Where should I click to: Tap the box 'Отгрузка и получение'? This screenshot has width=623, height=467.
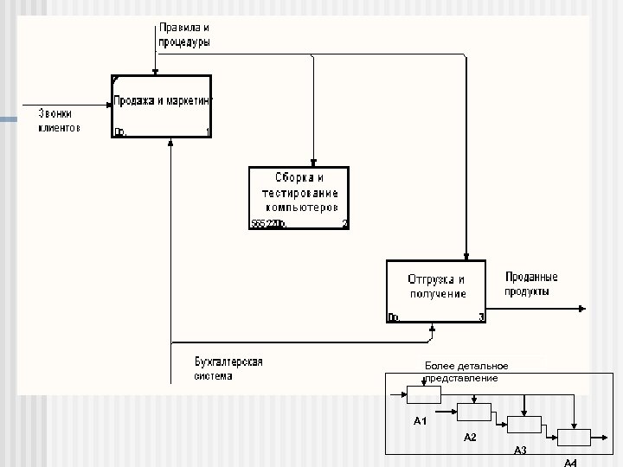pyautogui.click(x=436, y=291)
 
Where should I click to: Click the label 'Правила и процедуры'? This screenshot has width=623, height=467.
pyautogui.click(x=183, y=35)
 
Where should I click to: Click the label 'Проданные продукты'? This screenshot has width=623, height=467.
pyautogui.click(x=530, y=285)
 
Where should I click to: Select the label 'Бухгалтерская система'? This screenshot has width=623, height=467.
pyautogui.click(x=228, y=368)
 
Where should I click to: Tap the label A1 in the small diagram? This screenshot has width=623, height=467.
pyautogui.click(x=421, y=421)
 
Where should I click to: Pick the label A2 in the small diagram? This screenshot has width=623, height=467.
pyautogui.click(x=470, y=438)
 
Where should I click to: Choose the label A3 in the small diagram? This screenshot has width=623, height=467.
pyautogui.click(x=520, y=451)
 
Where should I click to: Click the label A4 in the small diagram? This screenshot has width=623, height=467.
pyautogui.click(x=570, y=463)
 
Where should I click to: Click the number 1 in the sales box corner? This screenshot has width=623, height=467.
pyautogui.click(x=208, y=132)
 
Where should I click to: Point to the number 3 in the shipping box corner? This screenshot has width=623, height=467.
pyautogui.click(x=480, y=317)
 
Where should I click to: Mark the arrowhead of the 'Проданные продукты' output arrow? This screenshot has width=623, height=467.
pyautogui.click(x=582, y=308)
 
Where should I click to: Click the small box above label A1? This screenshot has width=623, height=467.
pyautogui.click(x=424, y=394)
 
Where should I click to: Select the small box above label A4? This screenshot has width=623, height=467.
pyautogui.click(x=574, y=438)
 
